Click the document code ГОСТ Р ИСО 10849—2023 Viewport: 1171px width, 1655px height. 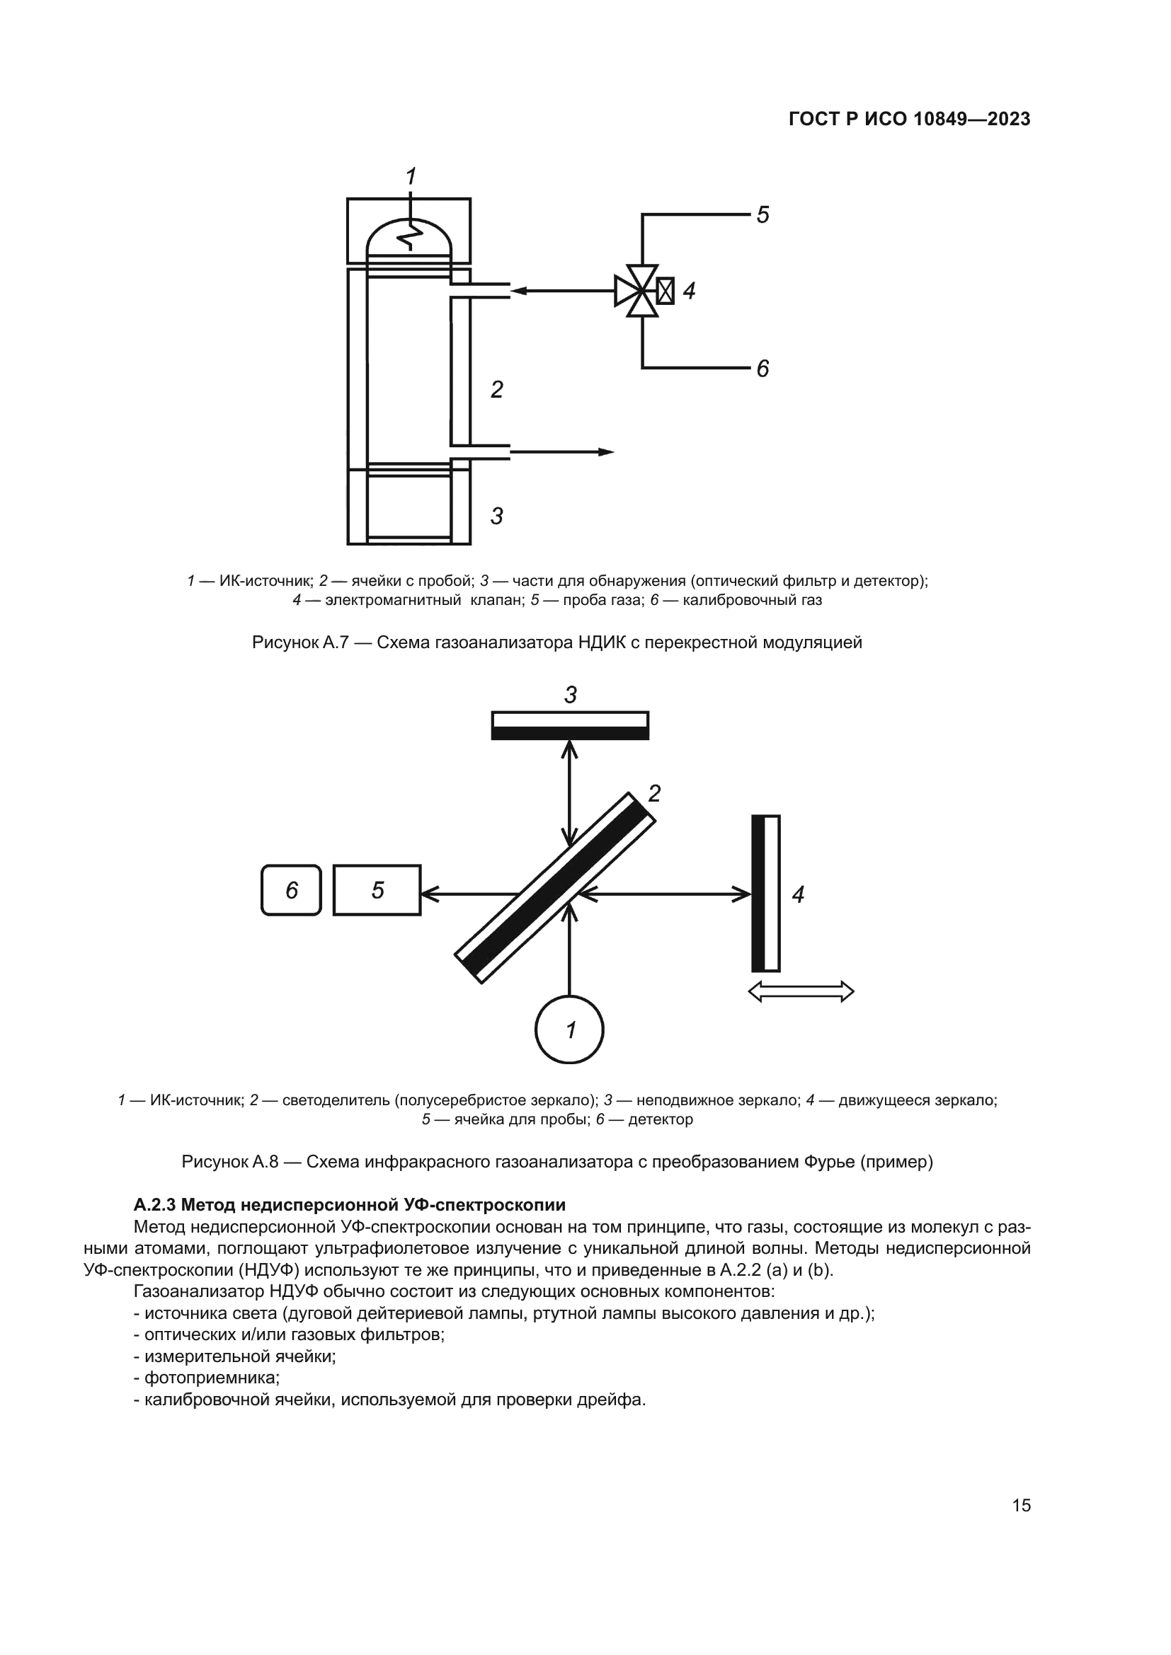pos(909,119)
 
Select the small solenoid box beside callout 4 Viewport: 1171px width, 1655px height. pos(666,291)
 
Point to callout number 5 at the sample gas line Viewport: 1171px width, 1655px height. pos(763,214)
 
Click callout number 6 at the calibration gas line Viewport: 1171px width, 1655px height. pos(763,369)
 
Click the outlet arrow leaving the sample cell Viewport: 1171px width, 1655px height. pos(561,452)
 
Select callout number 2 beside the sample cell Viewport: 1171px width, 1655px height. pos(497,389)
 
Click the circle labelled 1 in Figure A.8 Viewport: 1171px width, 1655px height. pos(570,1030)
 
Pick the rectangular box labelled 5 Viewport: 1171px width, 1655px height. pos(377,890)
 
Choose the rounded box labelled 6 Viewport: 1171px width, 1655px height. pos(291,890)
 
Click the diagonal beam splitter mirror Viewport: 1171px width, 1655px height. pos(555,887)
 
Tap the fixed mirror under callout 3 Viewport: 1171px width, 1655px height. pos(571,725)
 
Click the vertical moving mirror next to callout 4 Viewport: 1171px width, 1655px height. pos(766,894)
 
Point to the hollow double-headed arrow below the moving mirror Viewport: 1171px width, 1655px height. pos(801,992)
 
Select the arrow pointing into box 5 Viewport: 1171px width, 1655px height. pos(469,894)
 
